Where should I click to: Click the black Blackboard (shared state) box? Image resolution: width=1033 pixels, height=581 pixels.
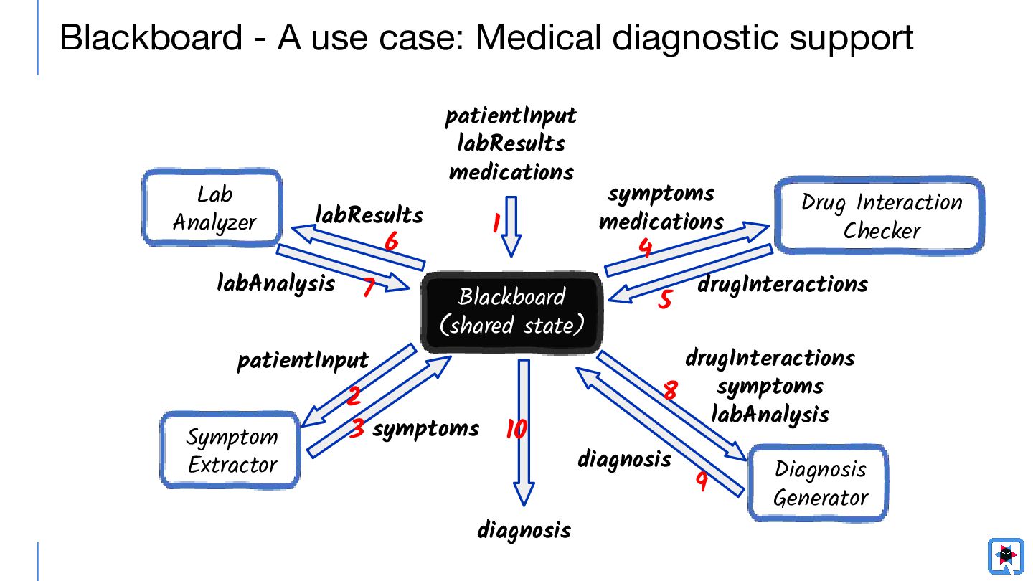coord(511,313)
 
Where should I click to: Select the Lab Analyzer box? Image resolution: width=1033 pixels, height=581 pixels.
coord(212,207)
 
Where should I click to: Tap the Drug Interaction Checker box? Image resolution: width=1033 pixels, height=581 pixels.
coord(880,215)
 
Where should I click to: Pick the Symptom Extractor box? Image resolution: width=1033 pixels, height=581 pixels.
coord(230,450)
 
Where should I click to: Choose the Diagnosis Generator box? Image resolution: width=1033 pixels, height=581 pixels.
coord(818,483)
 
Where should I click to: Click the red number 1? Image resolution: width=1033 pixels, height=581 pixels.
coord(496,223)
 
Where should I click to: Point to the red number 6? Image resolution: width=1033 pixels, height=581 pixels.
coord(392,241)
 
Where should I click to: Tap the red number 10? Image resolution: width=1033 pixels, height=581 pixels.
coord(516,429)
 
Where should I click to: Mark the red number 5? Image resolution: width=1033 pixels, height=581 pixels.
coord(664,299)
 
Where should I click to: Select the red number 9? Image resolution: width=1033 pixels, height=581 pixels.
coord(702,481)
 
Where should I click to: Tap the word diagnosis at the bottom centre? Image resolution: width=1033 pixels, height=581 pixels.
coord(524,529)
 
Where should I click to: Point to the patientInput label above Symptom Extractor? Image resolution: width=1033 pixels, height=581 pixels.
coord(303,361)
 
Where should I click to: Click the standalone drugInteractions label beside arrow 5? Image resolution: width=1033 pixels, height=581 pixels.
coord(783,284)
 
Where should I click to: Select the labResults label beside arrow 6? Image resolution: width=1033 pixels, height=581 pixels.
coord(369,215)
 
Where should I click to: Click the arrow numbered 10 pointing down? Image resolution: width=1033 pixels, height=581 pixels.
coord(524,433)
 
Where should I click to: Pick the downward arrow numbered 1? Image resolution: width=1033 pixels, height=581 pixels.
coord(511,227)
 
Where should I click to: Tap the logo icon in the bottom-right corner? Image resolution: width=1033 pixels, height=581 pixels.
coord(1006,556)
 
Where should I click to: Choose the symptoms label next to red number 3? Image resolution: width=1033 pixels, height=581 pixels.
coord(425,429)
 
